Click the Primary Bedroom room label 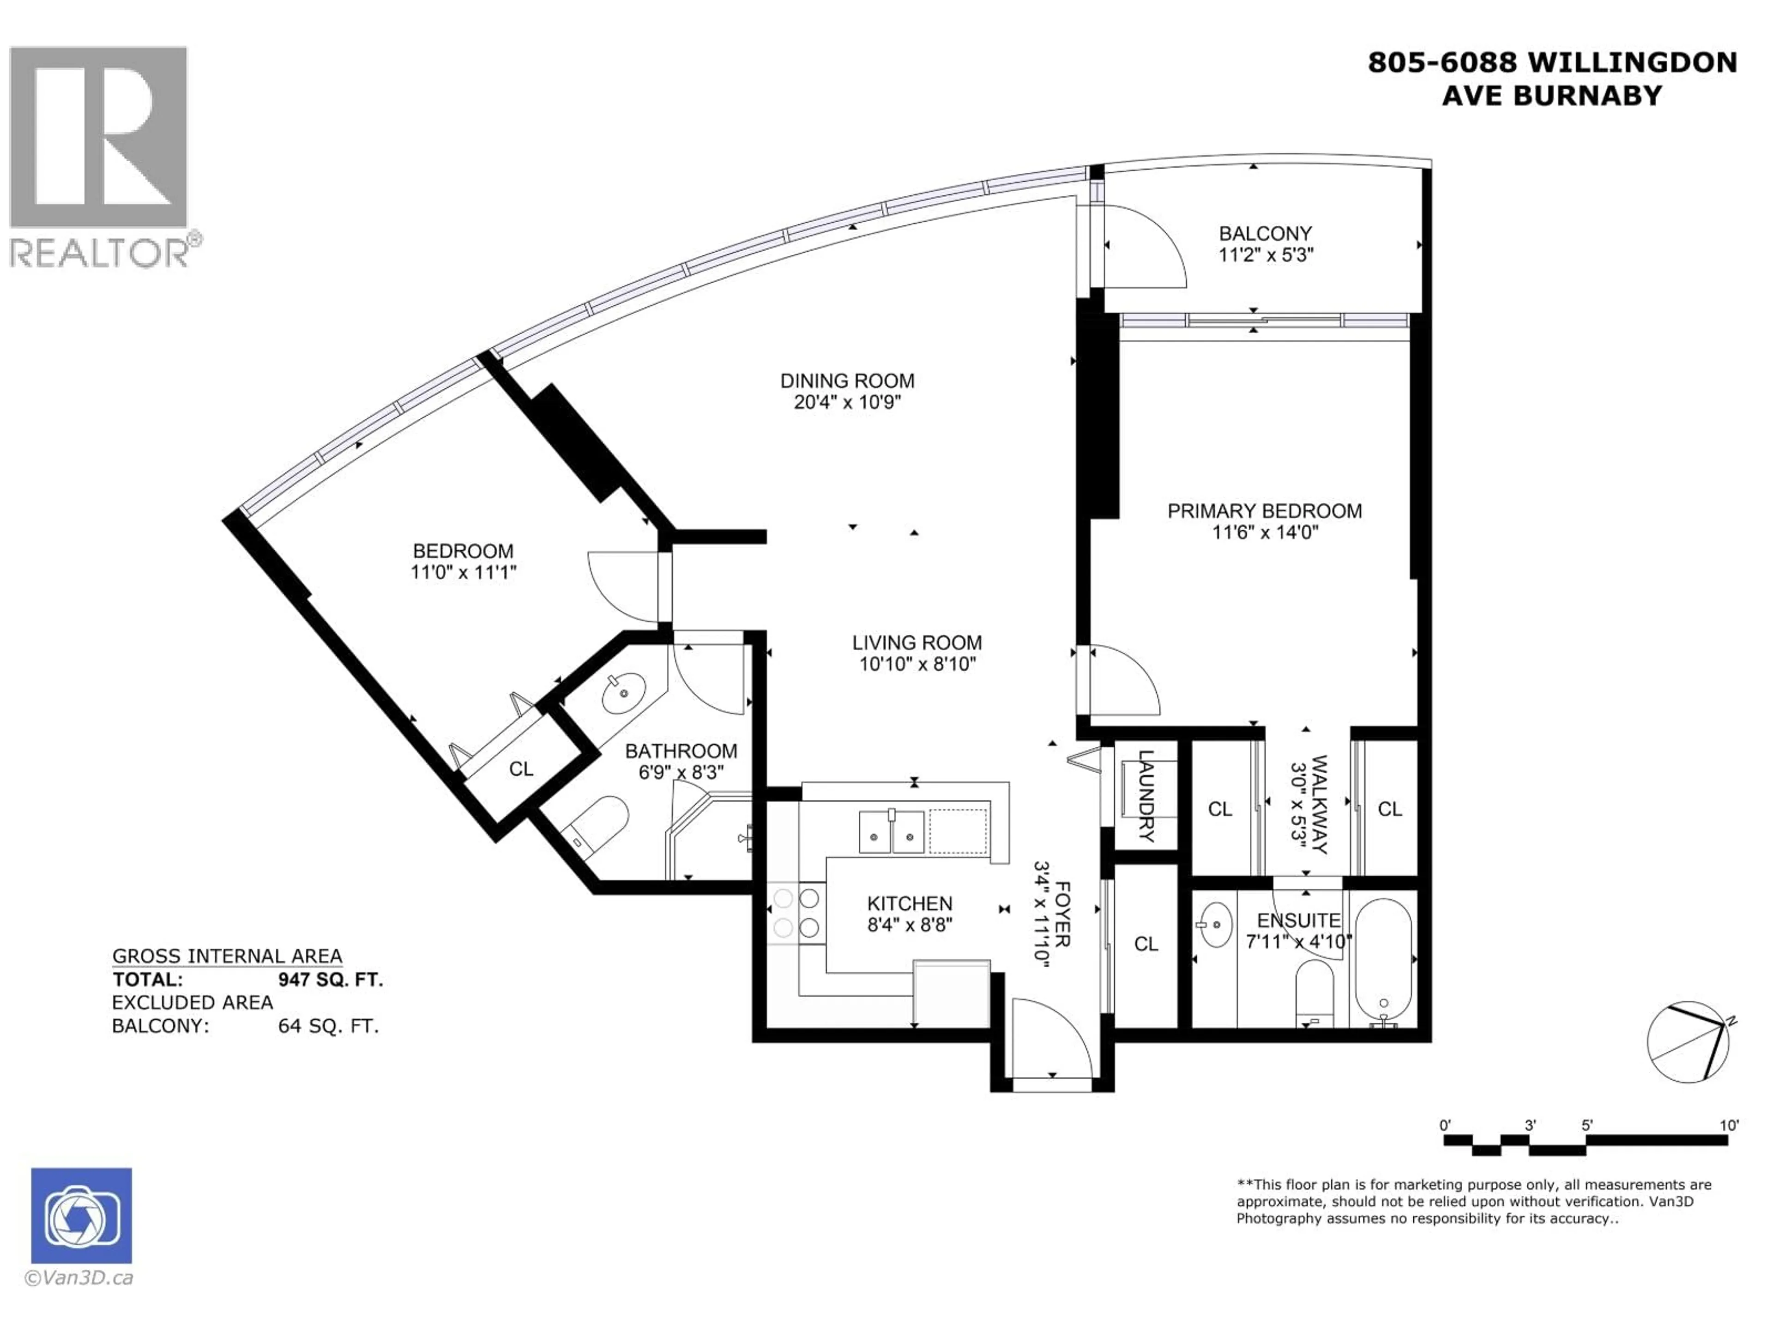click(x=1264, y=511)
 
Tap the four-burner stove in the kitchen click(x=796, y=913)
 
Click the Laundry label click(x=1146, y=796)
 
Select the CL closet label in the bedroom click(x=521, y=769)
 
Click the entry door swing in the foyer click(x=1050, y=1038)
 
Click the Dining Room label click(x=847, y=381)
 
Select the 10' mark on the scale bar click(x=1729, y=1125)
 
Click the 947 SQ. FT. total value click(x=330, y=979)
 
